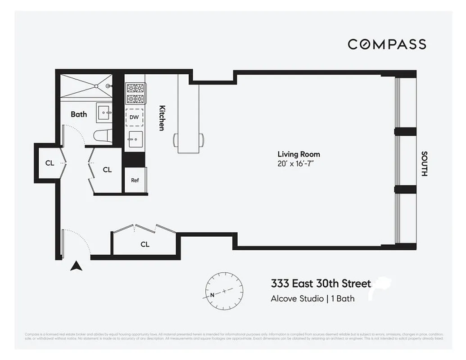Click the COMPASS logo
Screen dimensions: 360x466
(x=387, y=44)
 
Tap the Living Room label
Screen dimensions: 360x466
(x=299, y=154)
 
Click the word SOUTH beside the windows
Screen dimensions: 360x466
(x=424, y=163)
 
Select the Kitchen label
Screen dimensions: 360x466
(x=162, y=118)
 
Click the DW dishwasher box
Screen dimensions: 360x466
(x=134, y=117)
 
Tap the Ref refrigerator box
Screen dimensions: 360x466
(x=135, y=180)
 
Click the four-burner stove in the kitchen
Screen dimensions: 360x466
(x=135, y=93)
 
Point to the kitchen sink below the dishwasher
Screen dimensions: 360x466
(x=135, y=139)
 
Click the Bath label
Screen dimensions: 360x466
(x=79, y=114)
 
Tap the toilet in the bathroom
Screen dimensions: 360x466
(x=102, y=135)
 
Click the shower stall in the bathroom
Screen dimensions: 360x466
(x=86, y=85)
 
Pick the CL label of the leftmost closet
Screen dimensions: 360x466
(x=50, y=163)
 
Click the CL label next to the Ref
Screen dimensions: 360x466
(x=107, y=170)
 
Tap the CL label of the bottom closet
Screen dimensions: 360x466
(x=145, y=244)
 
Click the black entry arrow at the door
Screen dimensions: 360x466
(x=77, y=266)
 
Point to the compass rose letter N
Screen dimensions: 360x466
(x=212, y=295)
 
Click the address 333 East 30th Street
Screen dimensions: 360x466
(x=321, y=283)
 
